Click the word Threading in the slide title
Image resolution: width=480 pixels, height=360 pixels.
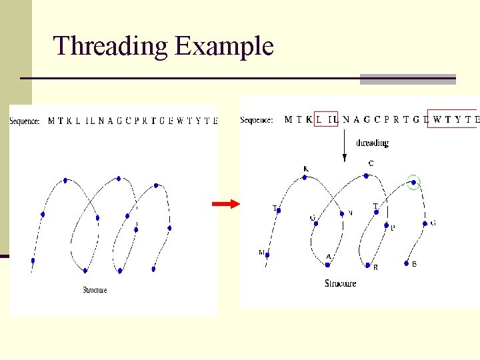[x=111, y=47]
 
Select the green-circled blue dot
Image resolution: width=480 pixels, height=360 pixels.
[x=413, y=181]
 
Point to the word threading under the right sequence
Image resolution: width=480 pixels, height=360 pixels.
[x=372, y=143]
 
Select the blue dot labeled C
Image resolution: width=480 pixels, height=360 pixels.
[x=366, y=176]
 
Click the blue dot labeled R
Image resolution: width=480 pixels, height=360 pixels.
[x=367, y=265]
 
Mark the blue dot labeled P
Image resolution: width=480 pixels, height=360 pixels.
[x=385, y=225]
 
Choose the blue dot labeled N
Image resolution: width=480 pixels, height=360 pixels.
[x=342, y=213]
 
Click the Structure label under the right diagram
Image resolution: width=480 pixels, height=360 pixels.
[x=340, y=283]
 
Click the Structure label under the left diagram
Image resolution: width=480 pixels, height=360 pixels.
[x=95, y=290]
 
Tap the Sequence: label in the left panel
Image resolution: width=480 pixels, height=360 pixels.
[x=25, y=121]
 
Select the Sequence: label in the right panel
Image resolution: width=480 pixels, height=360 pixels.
[x=257, y=120]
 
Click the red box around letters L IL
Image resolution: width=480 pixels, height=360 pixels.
[x=327, y=119]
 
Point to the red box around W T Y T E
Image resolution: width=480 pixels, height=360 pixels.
[x=453, y=119]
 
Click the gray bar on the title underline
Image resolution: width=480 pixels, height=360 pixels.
[x=407, y=79]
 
